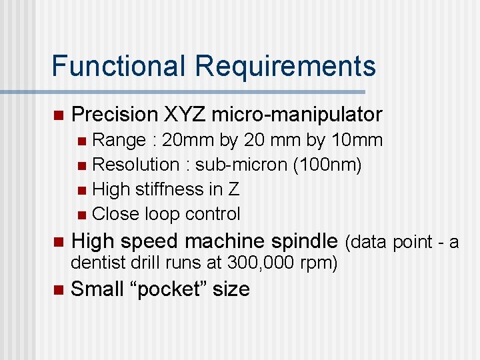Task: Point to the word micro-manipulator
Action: (297, 115)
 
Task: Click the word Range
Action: (119, 140)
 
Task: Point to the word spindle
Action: (304, 241)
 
